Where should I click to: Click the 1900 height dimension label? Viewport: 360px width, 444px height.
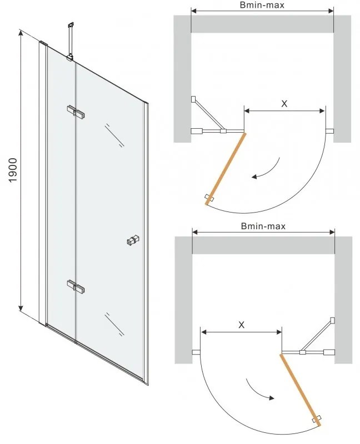tap(13, 170)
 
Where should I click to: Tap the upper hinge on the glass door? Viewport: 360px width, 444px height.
tap(76, 112)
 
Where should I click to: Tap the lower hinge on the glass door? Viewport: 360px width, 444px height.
tap(76, 286)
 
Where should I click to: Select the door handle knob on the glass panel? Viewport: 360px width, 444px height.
tap(133, 240)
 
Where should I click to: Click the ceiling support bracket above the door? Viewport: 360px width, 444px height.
tap(71, 42)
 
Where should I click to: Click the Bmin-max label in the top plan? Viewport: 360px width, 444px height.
tap(262, 5)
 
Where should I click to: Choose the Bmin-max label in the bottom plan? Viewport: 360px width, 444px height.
tap(263, 226)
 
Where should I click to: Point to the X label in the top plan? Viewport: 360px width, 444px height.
tap(284, 104)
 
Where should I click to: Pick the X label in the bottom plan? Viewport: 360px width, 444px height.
tap(241, 325)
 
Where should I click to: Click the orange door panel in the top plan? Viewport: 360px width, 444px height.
tap(226, 169)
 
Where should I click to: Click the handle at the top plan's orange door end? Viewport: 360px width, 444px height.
tap(210, 198)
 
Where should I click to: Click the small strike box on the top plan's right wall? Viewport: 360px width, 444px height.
tap(329, 131)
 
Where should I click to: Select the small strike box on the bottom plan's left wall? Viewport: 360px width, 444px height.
tap(196, 352)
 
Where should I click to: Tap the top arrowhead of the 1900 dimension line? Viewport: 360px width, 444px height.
tap(21, 32)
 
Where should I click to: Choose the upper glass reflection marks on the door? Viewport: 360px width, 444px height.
tap(114, 135)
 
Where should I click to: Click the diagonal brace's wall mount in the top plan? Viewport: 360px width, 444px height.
tap(193, 99)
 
